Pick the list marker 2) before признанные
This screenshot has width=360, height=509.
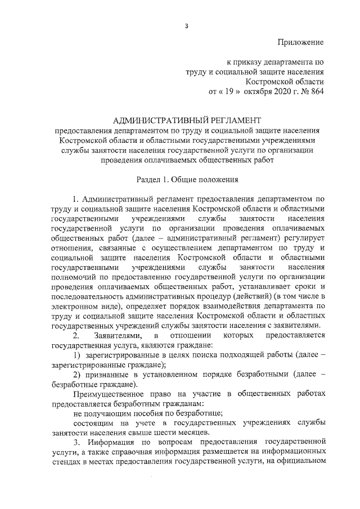[x=78, y=375]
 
